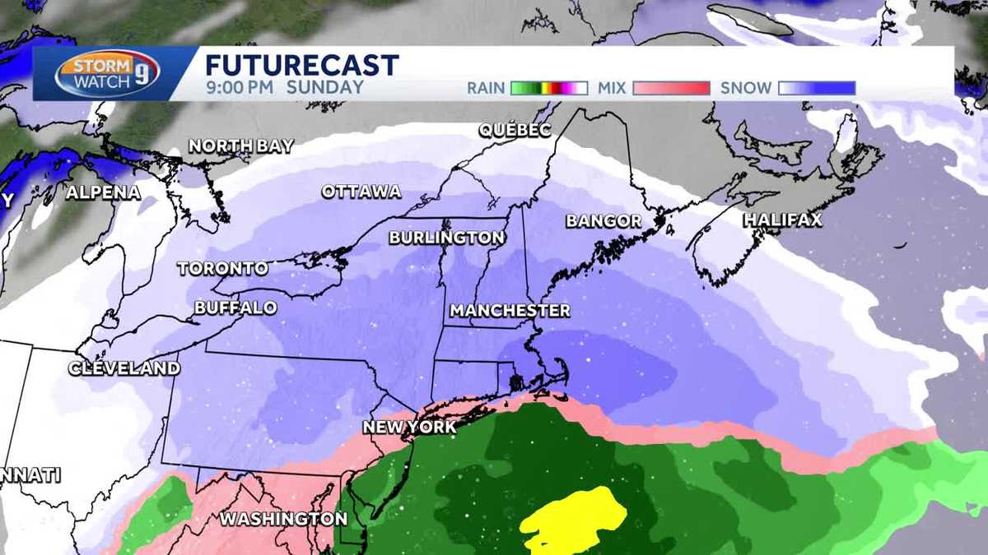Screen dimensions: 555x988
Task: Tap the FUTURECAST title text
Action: click(301, 65)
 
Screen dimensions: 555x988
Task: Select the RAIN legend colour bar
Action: click(548, 88)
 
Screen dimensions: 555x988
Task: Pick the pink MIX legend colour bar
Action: click(672, 88)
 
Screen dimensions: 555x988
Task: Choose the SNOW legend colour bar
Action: click(817, 88)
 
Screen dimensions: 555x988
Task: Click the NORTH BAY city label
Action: click(240, 146)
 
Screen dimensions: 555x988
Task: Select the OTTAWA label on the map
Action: click(361, 192)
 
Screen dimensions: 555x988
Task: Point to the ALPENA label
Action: click(103, 193)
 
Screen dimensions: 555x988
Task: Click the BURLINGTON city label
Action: click(447, 238)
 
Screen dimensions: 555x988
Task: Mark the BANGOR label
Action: click(604, 221)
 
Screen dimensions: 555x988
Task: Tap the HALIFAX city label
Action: click(782, 220)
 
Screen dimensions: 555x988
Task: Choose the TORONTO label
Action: click(222, 269)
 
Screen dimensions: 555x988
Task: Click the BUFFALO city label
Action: click(235, 308)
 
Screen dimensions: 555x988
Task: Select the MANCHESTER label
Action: click(510, 311)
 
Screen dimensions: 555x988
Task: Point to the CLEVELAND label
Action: click(123, 368)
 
